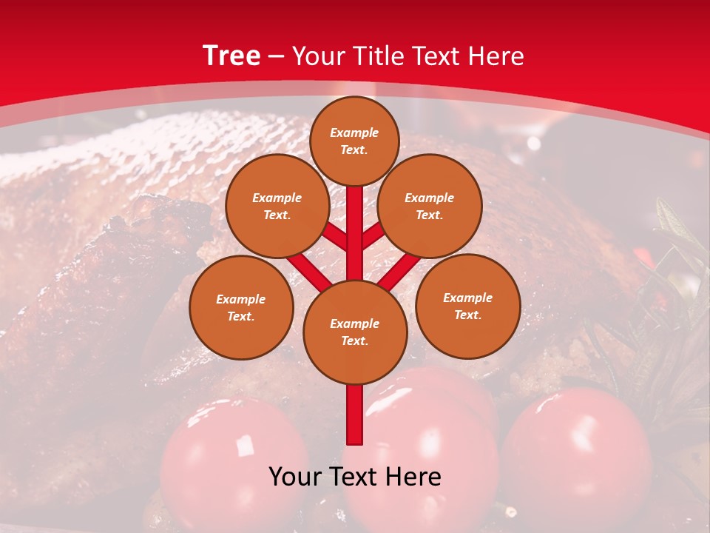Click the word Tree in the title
click(231, 56)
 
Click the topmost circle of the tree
click(354, 141)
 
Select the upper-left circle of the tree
click(277, 206)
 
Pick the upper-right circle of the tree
click(429, 206)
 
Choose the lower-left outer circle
click(240, 307)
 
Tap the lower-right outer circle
click(467, 306)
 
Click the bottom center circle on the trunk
click(354, 332)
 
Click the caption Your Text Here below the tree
click(354, 477)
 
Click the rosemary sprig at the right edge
click(677, 244)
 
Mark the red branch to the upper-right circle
click(373, 236)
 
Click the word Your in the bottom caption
click(294, 477)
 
